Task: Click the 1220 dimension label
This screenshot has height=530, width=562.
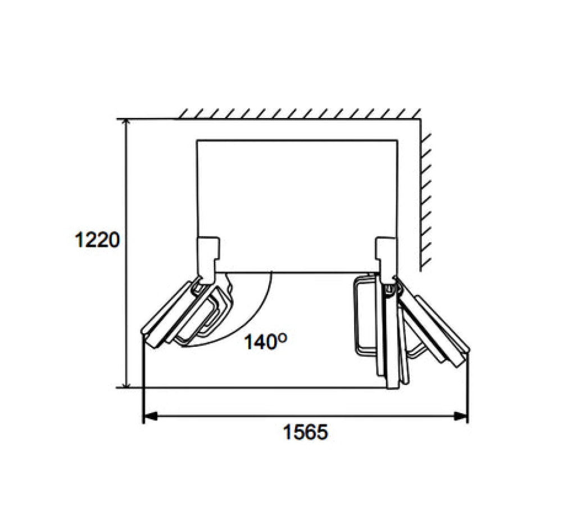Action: coord(97,240)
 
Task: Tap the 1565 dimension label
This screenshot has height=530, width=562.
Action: coord(305,432)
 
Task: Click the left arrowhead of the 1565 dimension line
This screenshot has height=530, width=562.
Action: coord(150,416)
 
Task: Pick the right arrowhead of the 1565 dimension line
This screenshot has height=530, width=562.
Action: coord(461,416)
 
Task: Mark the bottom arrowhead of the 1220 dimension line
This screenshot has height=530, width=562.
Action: coord(125,383)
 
